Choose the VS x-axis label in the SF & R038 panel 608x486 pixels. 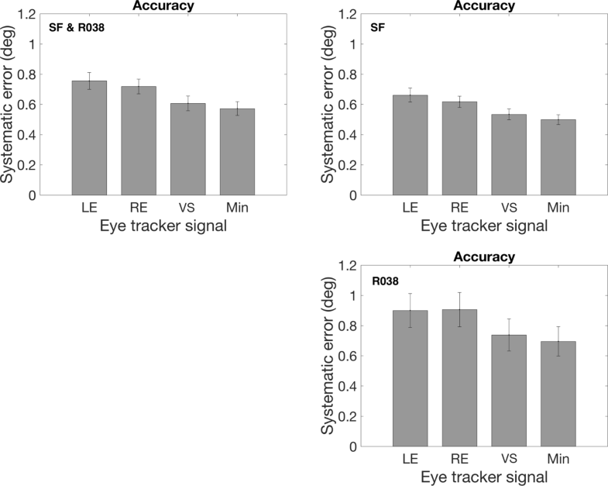tap(188, 209)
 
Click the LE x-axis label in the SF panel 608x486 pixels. tap(410, 209)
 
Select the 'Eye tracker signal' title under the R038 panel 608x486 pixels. tap(483, 477)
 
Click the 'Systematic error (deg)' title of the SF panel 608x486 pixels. tap(328, 105)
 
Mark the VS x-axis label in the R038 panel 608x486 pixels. tap(508, 460)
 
